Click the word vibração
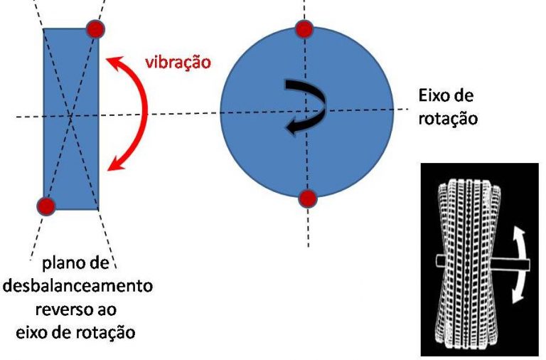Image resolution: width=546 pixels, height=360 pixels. tap(178, 61)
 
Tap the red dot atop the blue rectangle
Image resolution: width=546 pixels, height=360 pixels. tap(95, 28)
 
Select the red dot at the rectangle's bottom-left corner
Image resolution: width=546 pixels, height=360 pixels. tap(45, 206)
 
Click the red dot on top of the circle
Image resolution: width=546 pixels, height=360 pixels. tap(304, 28)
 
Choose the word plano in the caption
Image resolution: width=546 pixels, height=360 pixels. tap(62, 264)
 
